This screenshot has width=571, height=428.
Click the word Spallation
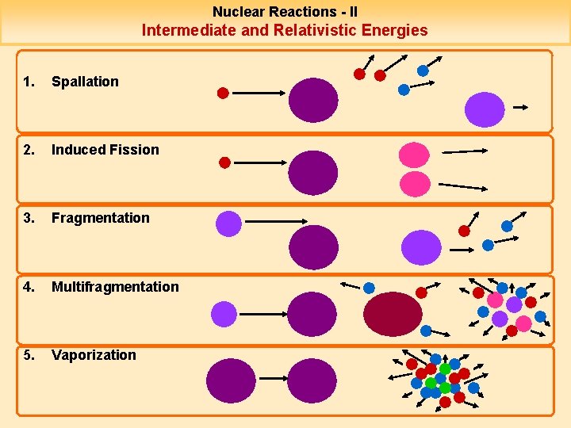[x=85, y=82]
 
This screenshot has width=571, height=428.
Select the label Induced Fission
[x=105, y=150]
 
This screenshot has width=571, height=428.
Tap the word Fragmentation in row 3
[x=100, y=218]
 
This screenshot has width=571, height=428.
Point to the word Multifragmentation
[x=115, y=287]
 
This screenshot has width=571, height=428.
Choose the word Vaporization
[x=94, y=355]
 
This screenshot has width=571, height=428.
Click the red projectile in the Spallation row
[x=223, y=93]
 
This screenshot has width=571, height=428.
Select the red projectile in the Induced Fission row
[x=224, y=162]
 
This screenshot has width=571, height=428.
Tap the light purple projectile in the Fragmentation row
[x=228, y=224]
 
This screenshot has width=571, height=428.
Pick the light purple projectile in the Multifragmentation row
[x=224, y=315]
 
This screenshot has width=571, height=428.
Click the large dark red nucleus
[x=393, y=314]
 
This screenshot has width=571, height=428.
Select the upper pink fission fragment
[x=413, y=154]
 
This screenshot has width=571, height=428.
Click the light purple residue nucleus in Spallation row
[x=484, y=109]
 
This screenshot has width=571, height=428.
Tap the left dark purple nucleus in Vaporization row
[x=231, y=381]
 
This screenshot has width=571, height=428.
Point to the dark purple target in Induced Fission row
[x=313, y=172]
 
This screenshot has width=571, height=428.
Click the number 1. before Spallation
[x=29, y=82]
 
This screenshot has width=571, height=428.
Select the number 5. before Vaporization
[x=29, y=355]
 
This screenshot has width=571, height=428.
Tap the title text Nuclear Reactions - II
[x=285, y=12]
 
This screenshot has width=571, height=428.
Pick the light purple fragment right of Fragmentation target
[x=420, y=247]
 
